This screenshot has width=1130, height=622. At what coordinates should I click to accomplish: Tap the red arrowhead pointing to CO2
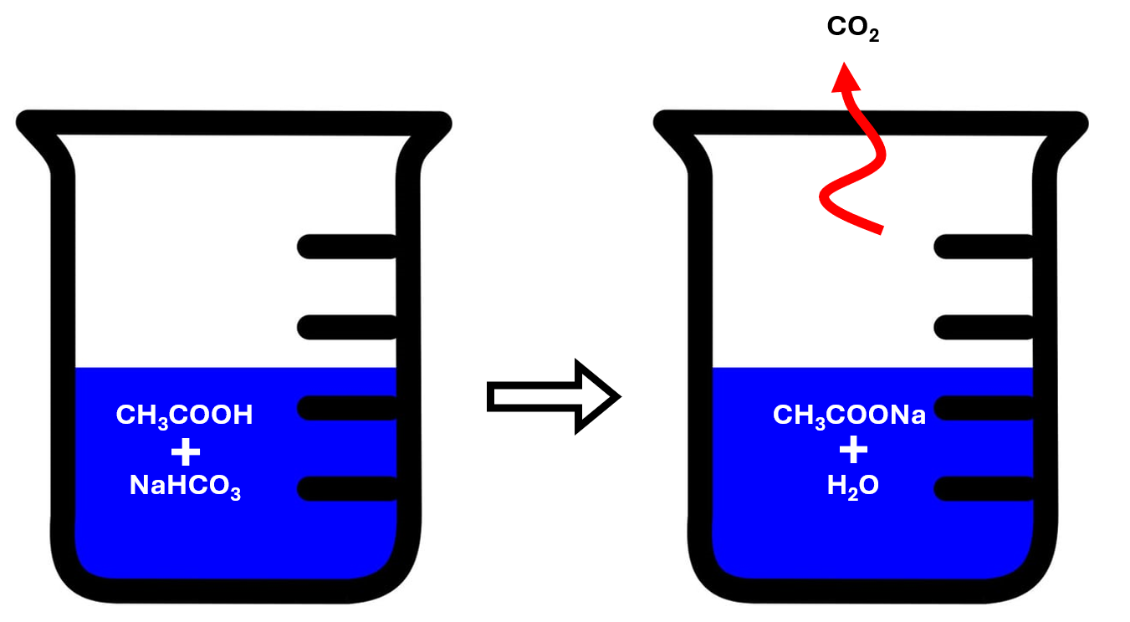847,78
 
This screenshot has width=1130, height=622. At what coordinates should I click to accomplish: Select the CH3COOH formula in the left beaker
184,415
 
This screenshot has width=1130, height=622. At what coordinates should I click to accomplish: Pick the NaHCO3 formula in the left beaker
185,487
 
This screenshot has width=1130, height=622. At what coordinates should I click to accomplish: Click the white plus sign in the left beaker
185,452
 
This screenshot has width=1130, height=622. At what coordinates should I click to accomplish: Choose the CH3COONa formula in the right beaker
849,415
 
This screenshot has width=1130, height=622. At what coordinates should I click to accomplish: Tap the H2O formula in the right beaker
852,487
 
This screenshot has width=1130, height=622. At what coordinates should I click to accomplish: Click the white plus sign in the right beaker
853,451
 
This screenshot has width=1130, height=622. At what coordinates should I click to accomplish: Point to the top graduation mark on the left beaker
347,246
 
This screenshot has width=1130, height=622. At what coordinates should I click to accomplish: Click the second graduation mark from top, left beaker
347,327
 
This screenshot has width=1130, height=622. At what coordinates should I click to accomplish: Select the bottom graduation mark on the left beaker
347,488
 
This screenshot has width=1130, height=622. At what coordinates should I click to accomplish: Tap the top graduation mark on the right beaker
984,246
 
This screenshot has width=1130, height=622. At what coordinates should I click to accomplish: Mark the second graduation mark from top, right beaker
984,327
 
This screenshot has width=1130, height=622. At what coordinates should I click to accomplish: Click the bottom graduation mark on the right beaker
984,488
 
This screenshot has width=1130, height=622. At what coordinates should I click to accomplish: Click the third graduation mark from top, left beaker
347,408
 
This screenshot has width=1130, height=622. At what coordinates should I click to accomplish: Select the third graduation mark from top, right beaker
984,408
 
